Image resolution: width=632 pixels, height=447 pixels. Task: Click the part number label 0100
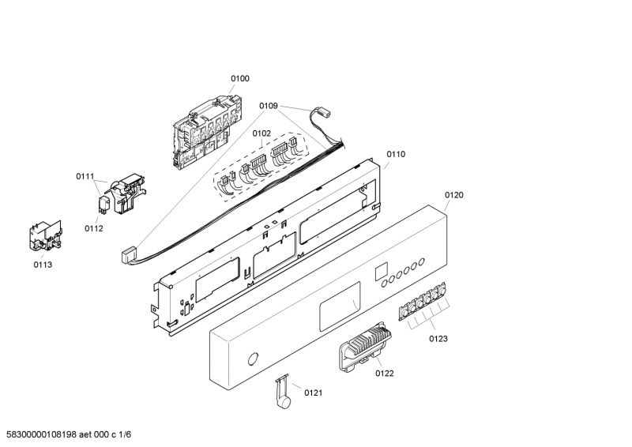pyautogui.click(x=240, y=79)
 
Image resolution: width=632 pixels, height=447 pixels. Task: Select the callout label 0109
pyautogui.click(x=269, y=106)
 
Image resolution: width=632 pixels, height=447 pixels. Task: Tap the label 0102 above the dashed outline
pyautogui.click(x=261, y=133)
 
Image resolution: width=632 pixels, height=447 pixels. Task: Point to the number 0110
pyautogui.click(x=396, y=154)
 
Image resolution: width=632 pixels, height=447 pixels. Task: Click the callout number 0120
pyautogui.click(x=453, y=195)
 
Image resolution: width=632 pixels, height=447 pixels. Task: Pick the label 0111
pyautogui.click(x=85, y=176)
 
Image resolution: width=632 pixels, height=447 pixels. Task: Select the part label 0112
pyautogui.click(x=93, y=228)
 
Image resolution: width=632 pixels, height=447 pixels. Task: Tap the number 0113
pyautogui.click(x=43, y=265)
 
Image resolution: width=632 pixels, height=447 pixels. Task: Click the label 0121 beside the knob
pyautogui.click(x=313, y=393)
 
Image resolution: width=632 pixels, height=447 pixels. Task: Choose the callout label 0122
pyautogui.click(x=385, y=374)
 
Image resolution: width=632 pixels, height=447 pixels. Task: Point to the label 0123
pyautogui.click(x=438, y=339)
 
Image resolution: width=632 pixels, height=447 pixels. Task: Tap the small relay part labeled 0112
pyautogui.click(x=104, y=204)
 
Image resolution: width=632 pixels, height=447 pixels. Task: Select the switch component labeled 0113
pyautogui.click(x=46, y=238)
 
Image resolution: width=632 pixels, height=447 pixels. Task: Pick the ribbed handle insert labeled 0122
pyautogui.click(x=366, y=346)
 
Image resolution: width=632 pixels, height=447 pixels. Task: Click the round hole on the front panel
pyautogui.click(x=253, y=359)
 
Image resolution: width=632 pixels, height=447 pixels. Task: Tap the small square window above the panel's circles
pyautogui.click(x=381, y=271)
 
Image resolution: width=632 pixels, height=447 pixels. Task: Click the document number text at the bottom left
pyautogui.click(x=66, y=434)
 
